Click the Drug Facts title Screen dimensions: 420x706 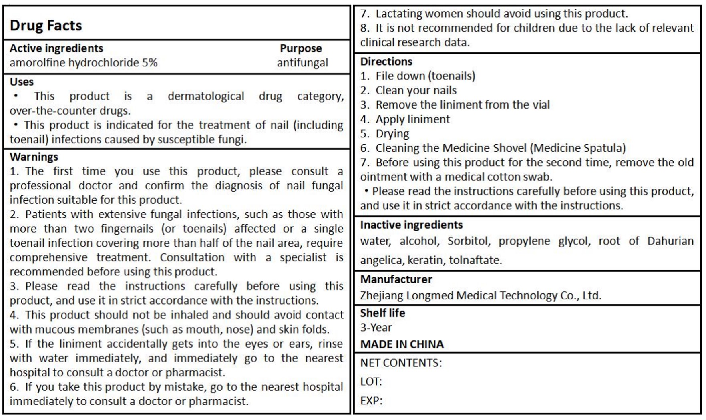[x=46, y=26]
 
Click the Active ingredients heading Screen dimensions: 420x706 [x=56, y=48]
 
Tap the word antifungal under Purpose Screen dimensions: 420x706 [x=302, y=63]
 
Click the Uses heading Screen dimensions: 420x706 [x=22, y=82]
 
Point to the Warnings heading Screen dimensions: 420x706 [x=34, y=157]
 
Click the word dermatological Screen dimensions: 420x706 [x=206, y=96]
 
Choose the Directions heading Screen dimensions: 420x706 [x=386, y=62]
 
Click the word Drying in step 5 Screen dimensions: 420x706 [x=392, y=134]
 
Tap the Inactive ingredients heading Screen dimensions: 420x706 [x=411, y=225]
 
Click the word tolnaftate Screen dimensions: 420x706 [x=475, y=260]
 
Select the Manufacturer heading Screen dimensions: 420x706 [x=396, y=279]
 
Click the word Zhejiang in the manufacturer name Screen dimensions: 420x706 [x=382, y=296]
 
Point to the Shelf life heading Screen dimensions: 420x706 [x=382, y=313]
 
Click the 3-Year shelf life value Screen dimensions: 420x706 [x=376, y=328]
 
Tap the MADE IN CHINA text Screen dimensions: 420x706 [x=402, y=344]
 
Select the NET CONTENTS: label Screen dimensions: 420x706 [x=401, y=363]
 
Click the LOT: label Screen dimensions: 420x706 [x=371, y=382]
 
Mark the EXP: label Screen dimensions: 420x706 [x=371, y=401]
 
